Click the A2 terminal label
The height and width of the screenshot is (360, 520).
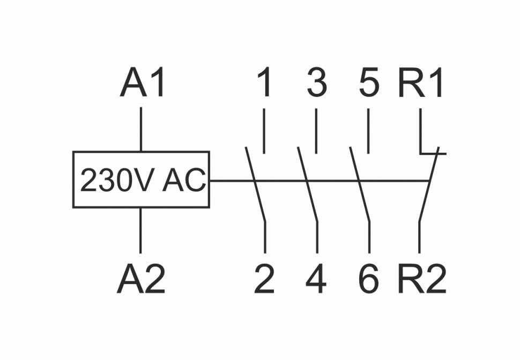(141, 280)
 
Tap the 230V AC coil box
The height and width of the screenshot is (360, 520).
(141, 179)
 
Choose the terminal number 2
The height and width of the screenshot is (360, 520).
(264, 280)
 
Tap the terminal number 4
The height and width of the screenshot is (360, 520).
(316, 280)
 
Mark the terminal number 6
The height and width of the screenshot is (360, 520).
(369, 280)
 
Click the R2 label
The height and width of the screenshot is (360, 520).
(421, 280)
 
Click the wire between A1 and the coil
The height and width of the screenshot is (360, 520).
(141, 129)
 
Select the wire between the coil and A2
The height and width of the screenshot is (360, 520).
(141, 230)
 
